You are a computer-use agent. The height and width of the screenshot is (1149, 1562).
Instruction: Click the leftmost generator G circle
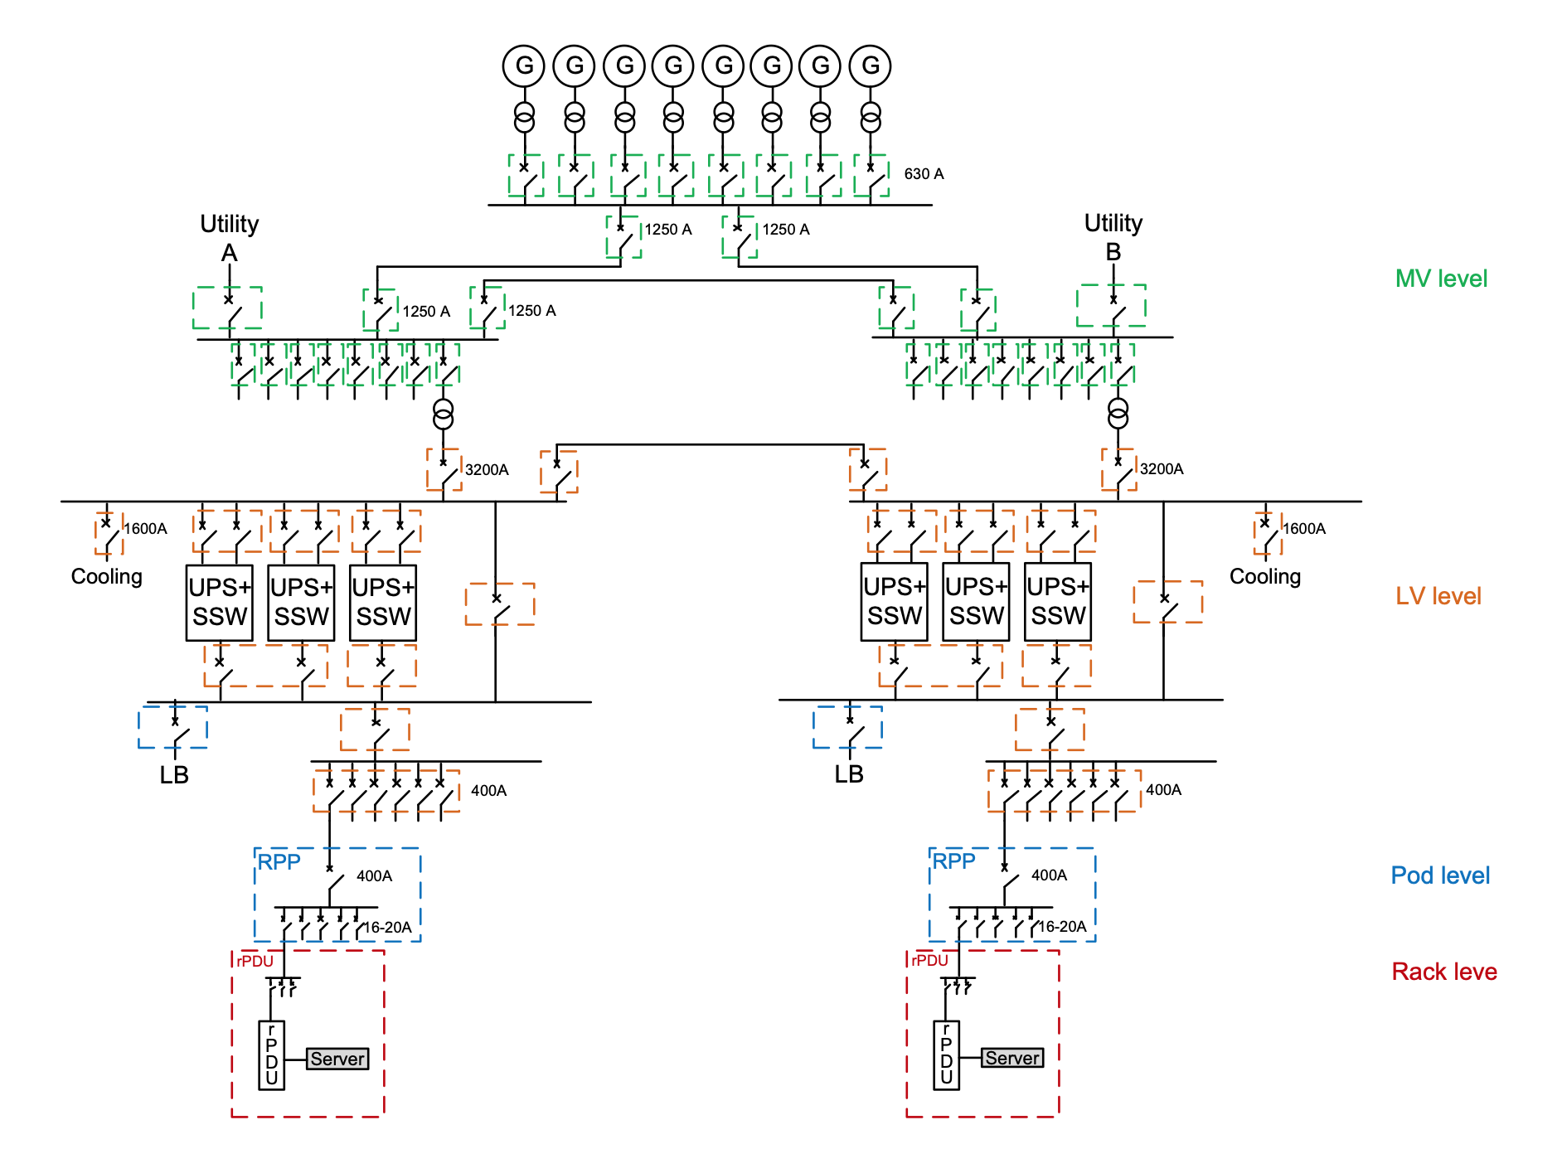524,65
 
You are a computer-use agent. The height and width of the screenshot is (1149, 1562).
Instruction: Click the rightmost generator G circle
870,65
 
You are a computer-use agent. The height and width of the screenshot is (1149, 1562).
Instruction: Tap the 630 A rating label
924,174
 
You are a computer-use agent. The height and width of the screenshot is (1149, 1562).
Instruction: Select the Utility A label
229,237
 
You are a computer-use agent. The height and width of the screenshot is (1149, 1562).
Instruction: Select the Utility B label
1113,236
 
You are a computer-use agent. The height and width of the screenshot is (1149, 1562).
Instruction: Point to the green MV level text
1441,279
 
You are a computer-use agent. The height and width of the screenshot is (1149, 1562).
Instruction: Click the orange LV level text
1438,596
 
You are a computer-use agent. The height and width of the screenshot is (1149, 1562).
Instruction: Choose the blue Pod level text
1440,875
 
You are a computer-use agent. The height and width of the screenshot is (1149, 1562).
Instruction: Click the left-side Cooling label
107,576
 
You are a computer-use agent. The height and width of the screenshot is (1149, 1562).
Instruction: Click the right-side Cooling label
1265,576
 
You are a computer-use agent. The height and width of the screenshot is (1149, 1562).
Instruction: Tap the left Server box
337,1059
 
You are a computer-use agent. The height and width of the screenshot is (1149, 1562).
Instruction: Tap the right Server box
1012,1058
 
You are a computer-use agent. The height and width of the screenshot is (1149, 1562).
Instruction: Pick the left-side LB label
174,775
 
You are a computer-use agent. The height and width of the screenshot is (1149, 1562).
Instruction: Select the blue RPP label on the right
953,861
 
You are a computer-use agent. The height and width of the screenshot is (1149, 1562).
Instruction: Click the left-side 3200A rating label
487,470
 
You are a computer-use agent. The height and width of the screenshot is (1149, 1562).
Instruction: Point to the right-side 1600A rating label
1304,529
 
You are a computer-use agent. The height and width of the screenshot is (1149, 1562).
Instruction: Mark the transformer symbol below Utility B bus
1118,413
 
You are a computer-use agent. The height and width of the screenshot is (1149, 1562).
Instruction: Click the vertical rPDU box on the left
272,1054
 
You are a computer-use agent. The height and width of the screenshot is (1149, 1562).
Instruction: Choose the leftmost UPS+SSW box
220,603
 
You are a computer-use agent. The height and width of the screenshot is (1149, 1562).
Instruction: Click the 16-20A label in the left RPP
388,928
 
